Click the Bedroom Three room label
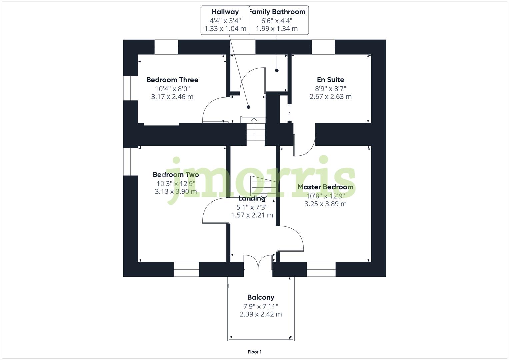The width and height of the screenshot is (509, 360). [172, 80]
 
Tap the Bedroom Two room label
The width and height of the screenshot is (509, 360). [176, 174]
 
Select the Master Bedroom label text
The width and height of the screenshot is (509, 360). [325, 187]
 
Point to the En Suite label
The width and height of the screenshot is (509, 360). [330, 80]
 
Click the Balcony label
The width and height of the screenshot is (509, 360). [261, 297]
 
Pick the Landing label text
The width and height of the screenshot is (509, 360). [252, 198]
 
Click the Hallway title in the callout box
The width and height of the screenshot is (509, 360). [225, 12]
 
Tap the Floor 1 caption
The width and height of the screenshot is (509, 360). [255, 352]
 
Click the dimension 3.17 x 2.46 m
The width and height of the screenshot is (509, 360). [172, 97]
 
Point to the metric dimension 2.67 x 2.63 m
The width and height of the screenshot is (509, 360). [330, 97]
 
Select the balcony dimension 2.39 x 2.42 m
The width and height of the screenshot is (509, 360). [261, 314]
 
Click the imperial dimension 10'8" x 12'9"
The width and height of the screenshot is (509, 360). [325, 196]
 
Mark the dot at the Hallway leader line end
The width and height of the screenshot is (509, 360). [248, 107]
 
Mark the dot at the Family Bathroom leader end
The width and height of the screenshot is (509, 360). [277, 70]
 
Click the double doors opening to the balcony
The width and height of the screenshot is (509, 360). [258, 262]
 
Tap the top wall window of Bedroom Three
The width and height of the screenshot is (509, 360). [166, 47]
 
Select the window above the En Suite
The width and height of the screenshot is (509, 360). [323, 47]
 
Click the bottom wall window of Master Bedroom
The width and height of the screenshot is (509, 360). [321, 269]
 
